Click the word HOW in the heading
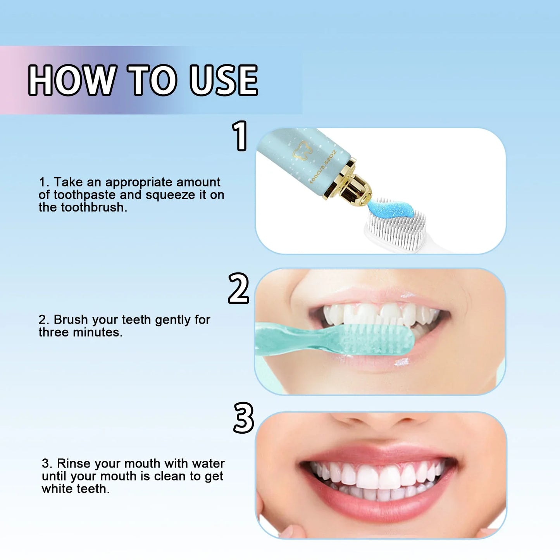tap(72, 80)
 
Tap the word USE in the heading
tap(224, 80)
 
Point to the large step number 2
tap(238, 288)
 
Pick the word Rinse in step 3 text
tap(74, 464)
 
